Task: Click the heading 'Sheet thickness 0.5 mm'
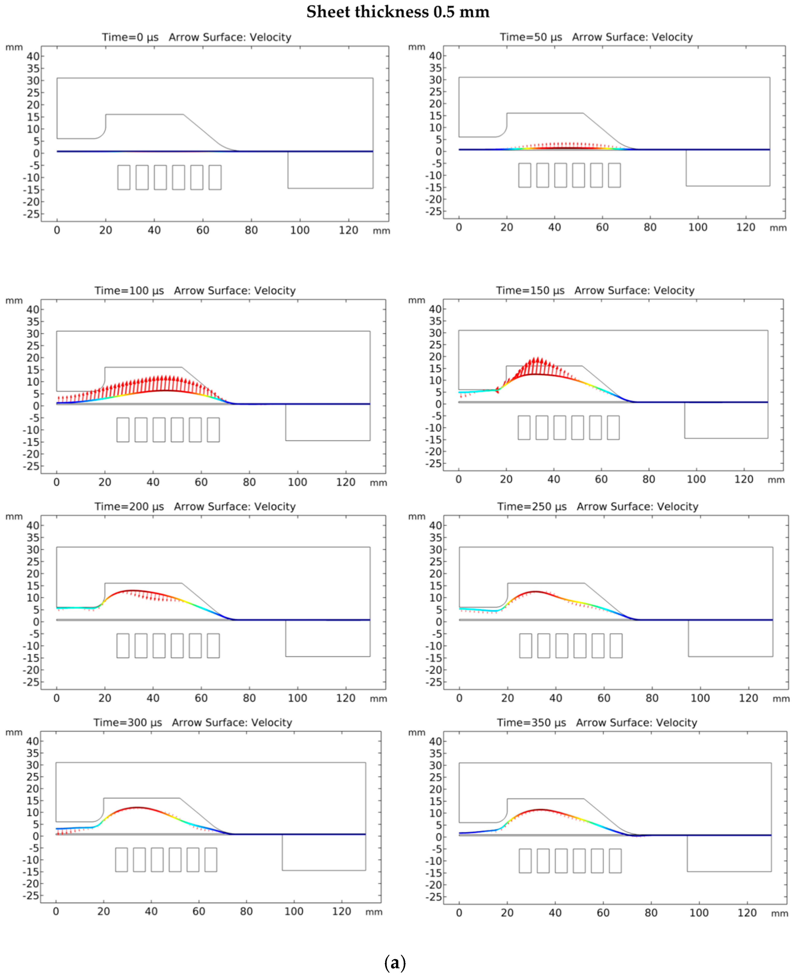click(x=398, y=12)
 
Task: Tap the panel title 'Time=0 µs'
click(x=130, y=37)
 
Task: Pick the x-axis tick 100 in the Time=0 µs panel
click(x=300, y=230)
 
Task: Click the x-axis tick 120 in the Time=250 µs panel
click(x=748, y=698)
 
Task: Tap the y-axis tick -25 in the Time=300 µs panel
click(x=31, y=896)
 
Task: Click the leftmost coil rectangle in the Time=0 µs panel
click(x=124, y=177)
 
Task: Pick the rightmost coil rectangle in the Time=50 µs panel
click(x=614, y=175)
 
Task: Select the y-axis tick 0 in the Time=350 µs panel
click(x=438, y=837)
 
